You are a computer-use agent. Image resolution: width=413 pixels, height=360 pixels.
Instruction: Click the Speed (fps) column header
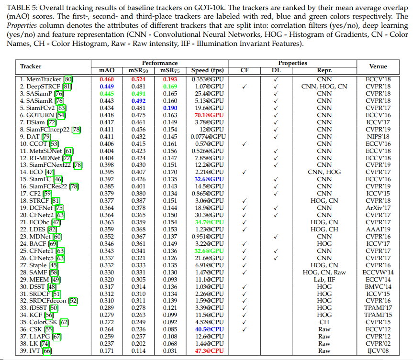[207, 70]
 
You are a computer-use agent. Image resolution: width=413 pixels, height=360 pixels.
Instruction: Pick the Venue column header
[378, 66]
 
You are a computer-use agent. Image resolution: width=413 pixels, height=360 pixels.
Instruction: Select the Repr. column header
[324, 70]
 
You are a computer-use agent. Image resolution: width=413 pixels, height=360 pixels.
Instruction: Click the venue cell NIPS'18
[378, 137]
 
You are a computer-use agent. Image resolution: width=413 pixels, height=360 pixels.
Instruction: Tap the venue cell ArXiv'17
[378, 208]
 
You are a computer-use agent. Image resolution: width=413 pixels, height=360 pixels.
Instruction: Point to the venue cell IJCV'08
[378, 351]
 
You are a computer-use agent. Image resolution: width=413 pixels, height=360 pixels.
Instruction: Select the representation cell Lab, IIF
[324, 280]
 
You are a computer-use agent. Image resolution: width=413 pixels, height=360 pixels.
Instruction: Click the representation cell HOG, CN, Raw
[324, 273]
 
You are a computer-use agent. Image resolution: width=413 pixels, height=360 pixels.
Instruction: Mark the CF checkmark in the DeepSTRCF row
[244, 87]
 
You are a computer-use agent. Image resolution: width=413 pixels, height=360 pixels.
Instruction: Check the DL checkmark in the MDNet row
[276, 237]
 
